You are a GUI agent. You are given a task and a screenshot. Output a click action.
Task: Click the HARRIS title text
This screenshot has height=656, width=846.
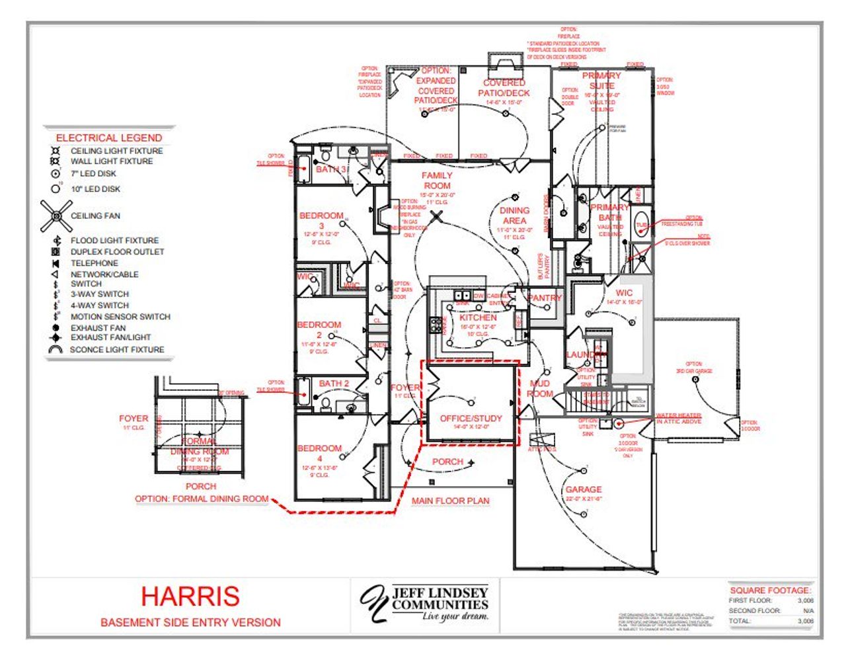pos(190,596)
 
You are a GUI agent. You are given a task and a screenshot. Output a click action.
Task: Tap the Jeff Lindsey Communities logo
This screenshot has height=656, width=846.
pos(425,603)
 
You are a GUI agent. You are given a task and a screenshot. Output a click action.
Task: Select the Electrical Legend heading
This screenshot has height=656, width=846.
pos(109,138)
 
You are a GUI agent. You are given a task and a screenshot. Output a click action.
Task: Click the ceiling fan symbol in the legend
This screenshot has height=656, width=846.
pos(56,216)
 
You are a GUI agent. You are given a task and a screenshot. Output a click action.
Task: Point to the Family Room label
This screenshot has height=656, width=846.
pos(437,181)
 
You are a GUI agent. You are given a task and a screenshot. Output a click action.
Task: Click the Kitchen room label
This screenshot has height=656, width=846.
pos(478,317)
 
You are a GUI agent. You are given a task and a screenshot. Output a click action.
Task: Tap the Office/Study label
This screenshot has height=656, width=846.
pos(471,419)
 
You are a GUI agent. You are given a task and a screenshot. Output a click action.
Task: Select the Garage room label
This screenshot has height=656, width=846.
pos(584,490)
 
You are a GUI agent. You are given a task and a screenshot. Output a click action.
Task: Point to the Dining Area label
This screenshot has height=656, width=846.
pos(514,216)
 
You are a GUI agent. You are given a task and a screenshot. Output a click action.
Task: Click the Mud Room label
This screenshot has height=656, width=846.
pos(540,388)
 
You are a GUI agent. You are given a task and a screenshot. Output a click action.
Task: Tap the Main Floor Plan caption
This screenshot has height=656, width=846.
pos(450,501)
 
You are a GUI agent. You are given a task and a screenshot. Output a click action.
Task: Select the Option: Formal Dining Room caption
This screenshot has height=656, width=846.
pos(202,499)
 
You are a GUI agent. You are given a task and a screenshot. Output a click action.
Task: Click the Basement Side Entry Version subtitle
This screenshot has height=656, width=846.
pos(190,622)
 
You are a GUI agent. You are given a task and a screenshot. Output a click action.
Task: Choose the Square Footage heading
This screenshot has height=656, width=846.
pos(771,590)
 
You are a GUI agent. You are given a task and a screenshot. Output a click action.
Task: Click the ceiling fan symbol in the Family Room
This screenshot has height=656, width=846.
pos(436,216)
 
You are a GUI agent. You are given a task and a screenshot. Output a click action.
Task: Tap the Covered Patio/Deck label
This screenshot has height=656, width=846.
pos(504,88)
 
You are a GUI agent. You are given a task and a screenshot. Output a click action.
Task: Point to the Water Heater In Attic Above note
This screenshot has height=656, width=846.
pos(679,419)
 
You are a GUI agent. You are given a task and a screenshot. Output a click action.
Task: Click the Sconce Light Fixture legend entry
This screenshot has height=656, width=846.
pos(116,349)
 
